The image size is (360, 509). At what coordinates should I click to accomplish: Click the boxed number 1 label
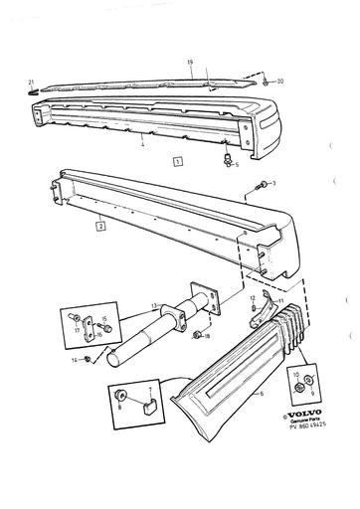(x=177, y=159)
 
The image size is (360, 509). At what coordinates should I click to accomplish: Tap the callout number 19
(x=189, y=62)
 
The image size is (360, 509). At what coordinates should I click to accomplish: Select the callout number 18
(x=207, y=337)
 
